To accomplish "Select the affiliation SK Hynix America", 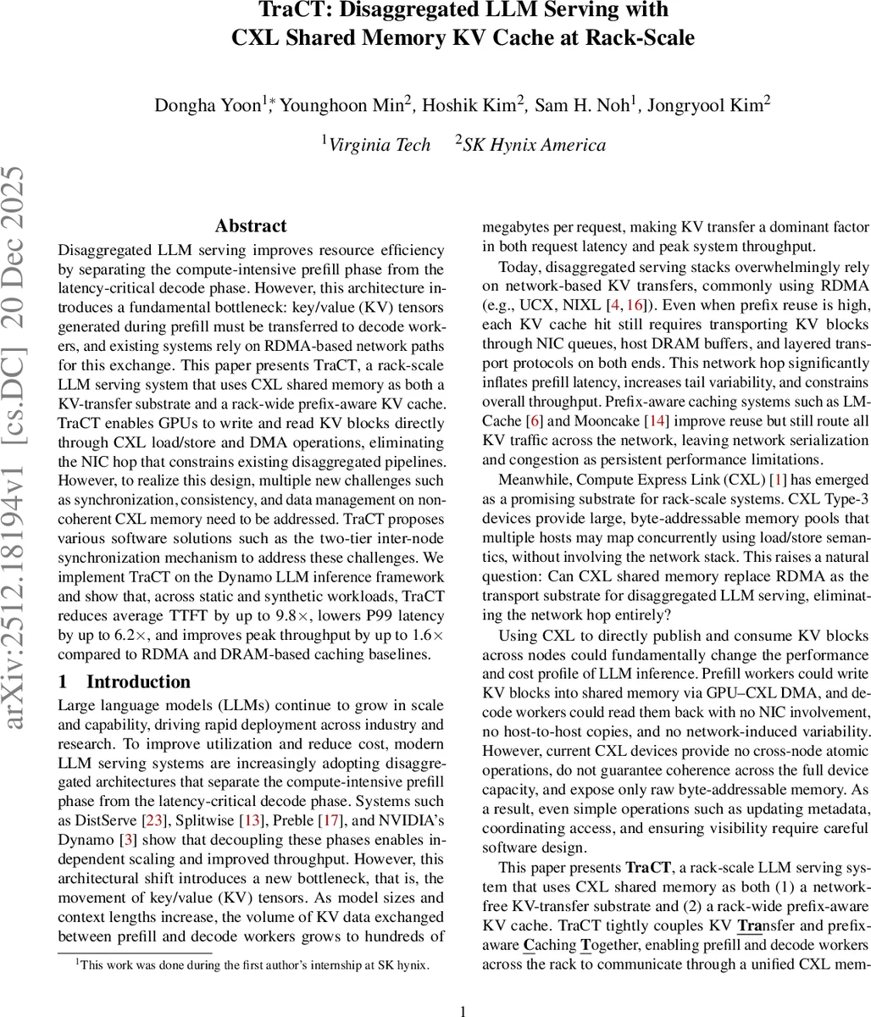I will (534, 145).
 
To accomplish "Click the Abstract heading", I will (251, 226).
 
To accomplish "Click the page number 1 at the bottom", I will (463, 1010).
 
